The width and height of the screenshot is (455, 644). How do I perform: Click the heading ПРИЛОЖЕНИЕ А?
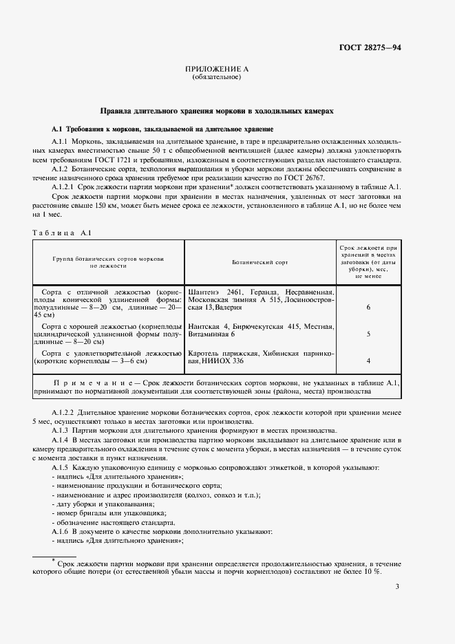(217, 69)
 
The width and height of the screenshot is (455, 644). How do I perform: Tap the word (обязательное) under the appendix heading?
(217, 77)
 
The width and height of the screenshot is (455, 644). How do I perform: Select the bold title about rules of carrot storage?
(217, 110)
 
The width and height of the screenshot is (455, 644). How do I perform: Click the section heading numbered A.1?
(162, 129)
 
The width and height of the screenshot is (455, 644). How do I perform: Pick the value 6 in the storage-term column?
(369, 308)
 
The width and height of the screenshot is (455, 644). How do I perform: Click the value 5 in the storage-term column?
(369, 334)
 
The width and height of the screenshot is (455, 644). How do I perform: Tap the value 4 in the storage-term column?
(369, 361)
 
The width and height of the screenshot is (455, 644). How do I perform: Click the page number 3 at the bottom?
(397, 586)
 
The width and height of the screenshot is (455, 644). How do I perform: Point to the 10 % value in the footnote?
(372, 572)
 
